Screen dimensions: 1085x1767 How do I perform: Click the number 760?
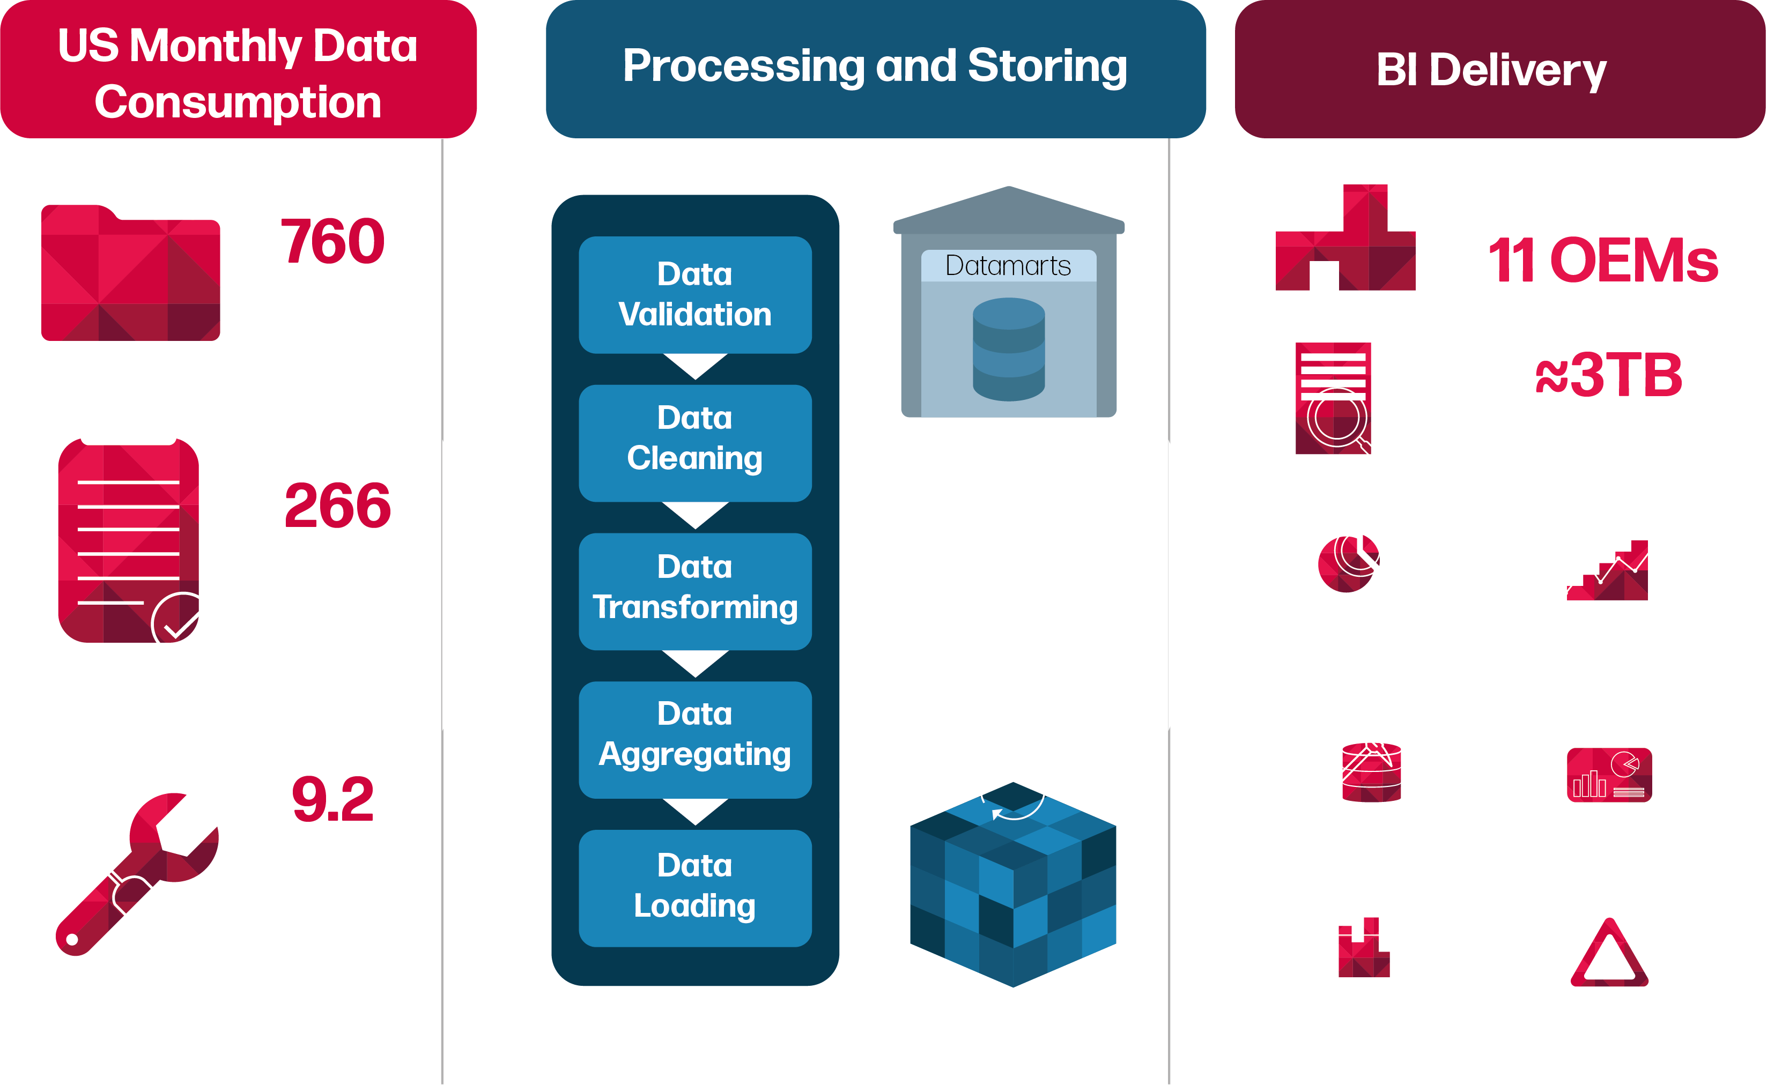[332, 242]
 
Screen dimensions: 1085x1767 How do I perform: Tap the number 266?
[337, 506]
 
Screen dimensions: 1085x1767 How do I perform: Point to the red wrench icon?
[136, 874]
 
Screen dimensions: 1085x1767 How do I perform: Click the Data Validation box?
[695, 294]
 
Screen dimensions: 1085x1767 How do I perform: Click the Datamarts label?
[1008, 265]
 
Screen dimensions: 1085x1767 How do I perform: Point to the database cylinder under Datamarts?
[1008, 350]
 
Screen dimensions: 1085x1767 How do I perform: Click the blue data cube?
[1012, 886]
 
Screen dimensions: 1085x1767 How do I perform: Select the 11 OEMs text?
[1603, 260]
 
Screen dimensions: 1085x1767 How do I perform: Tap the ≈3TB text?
[1608, 375]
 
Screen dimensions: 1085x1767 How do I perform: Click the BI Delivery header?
[1491, 70]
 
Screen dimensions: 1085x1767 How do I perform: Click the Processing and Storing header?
[875, 66]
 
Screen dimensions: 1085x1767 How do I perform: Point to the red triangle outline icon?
[1609, 954]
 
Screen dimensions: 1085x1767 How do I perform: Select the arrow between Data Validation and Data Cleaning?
[695, 366]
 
